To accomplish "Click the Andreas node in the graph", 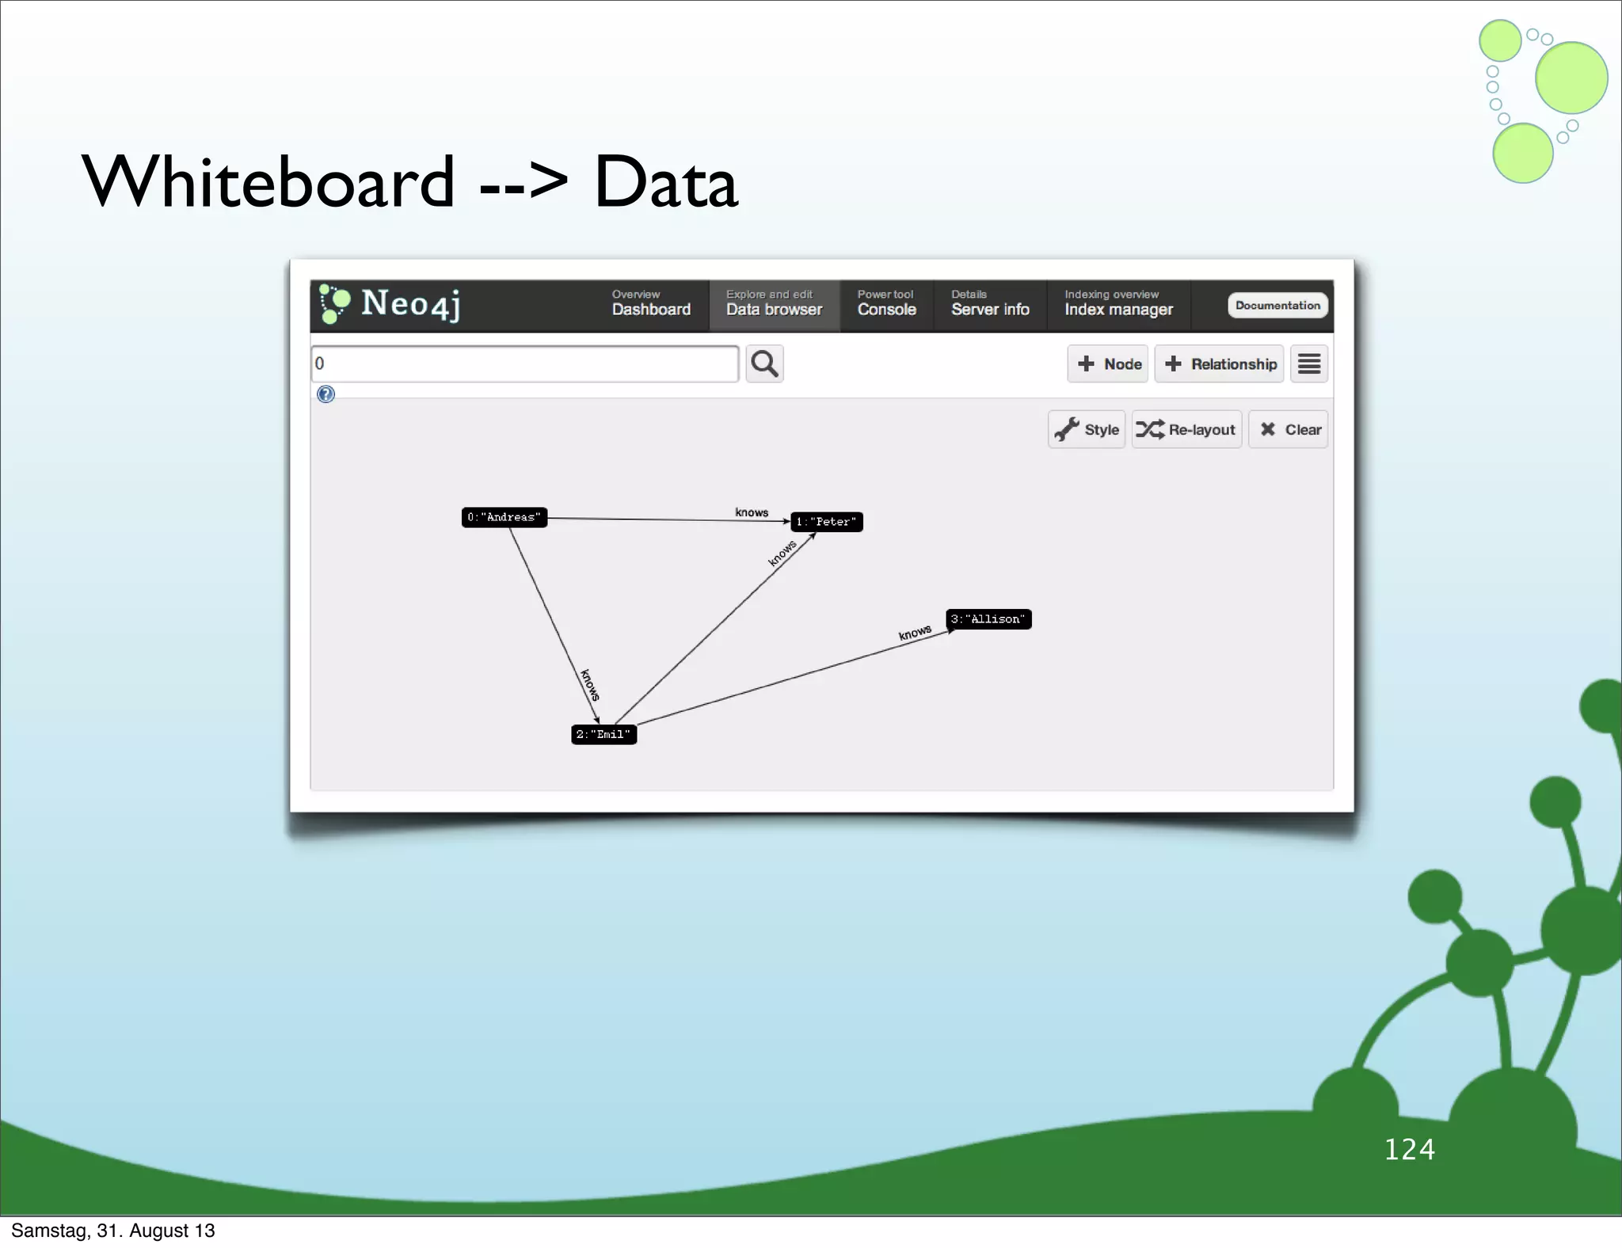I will click(x=504, y=517).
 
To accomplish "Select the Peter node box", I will click(x=827, y=522).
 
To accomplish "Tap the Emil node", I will click(x=603, y=734).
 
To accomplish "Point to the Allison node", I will click(x=988, y=619).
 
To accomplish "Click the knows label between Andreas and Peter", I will click(x=752, y=512).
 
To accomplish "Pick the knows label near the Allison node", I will click(x=915, y=633).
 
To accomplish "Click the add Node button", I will click(x=1107, y=364).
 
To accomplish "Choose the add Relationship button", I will click(x=1219, y=364).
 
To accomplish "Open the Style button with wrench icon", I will click(x=1087, y=429).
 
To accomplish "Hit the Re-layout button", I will click(x=1186, y=429).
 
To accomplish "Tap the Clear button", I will click(x=1289, y=429).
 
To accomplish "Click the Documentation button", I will click(x=1277, y=306).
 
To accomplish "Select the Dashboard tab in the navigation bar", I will click(x=651, y=305).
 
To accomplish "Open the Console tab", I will click(x=886, y=305).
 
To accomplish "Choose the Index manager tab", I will click(x=1118, y=305).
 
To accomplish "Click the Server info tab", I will click(x=990, y=305).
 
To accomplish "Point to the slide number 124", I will click(x=1409, y=1149).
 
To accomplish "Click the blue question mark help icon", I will click(x=326, y=394).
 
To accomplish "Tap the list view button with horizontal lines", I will click(x=1309, y=364).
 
